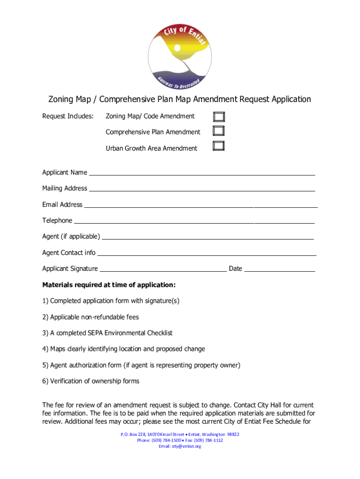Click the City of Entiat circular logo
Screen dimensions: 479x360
pyautogui.click(x=180, y=55)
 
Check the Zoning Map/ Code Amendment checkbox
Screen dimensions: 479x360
pyautogui.click(x=219, y=116)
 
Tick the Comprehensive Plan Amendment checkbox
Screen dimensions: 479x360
pyautogui.click(x=219, y=131)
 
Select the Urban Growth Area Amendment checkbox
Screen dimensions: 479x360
pyautogui.click(x=219, y=146)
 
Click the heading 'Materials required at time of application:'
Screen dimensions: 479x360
pyautogui.click(x=109, y=285)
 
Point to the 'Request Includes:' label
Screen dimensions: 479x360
pyautogui.click(x=68, y=116)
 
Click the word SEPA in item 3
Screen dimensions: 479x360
pyautogui.click(x=95, y=333)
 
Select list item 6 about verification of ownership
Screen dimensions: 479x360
pyautogui.click(x=91, y=381)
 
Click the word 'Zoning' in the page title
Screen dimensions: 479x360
pyautogui.click(x=61, y=99)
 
